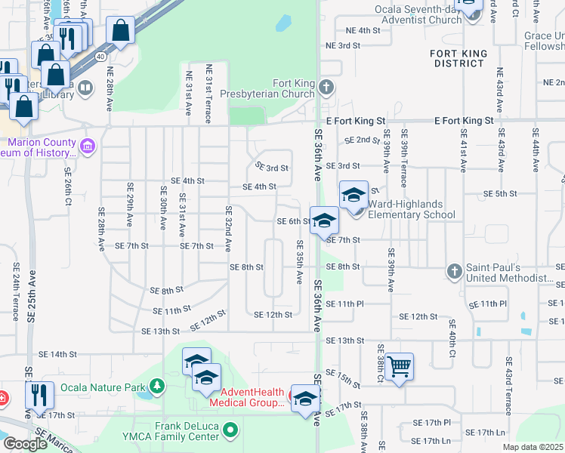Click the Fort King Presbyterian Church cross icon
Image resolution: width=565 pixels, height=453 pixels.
pyautogui.click(x=326, y=88)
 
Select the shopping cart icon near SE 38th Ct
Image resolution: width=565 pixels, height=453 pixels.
pyautogui.click(x=399, y=366)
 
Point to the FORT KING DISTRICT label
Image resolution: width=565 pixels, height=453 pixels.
pyautogui.click(x=456, y=58)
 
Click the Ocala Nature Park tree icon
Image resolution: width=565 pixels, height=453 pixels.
pyautogui.click(x=157, y=387)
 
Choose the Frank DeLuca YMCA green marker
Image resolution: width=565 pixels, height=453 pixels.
pyautogui.click(x=230, y=430)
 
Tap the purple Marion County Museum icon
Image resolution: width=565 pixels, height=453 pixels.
pyautogui.click(x=87, y=144)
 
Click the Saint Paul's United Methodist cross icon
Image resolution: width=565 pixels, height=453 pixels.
pyautogui.click(x=454, y=270)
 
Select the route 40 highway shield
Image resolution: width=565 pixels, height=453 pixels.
pyautogui.click(x=100, y=56)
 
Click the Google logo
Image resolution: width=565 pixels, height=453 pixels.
pyautogui.click(x=25, y=444)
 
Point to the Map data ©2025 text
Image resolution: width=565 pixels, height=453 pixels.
pyautogui.click(x=533, y=447)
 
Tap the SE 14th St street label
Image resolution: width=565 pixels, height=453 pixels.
pyautogui.click(x=59, y=354)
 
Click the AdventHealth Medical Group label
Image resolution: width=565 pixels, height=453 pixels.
pyautogui.click(x=253, y=397)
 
